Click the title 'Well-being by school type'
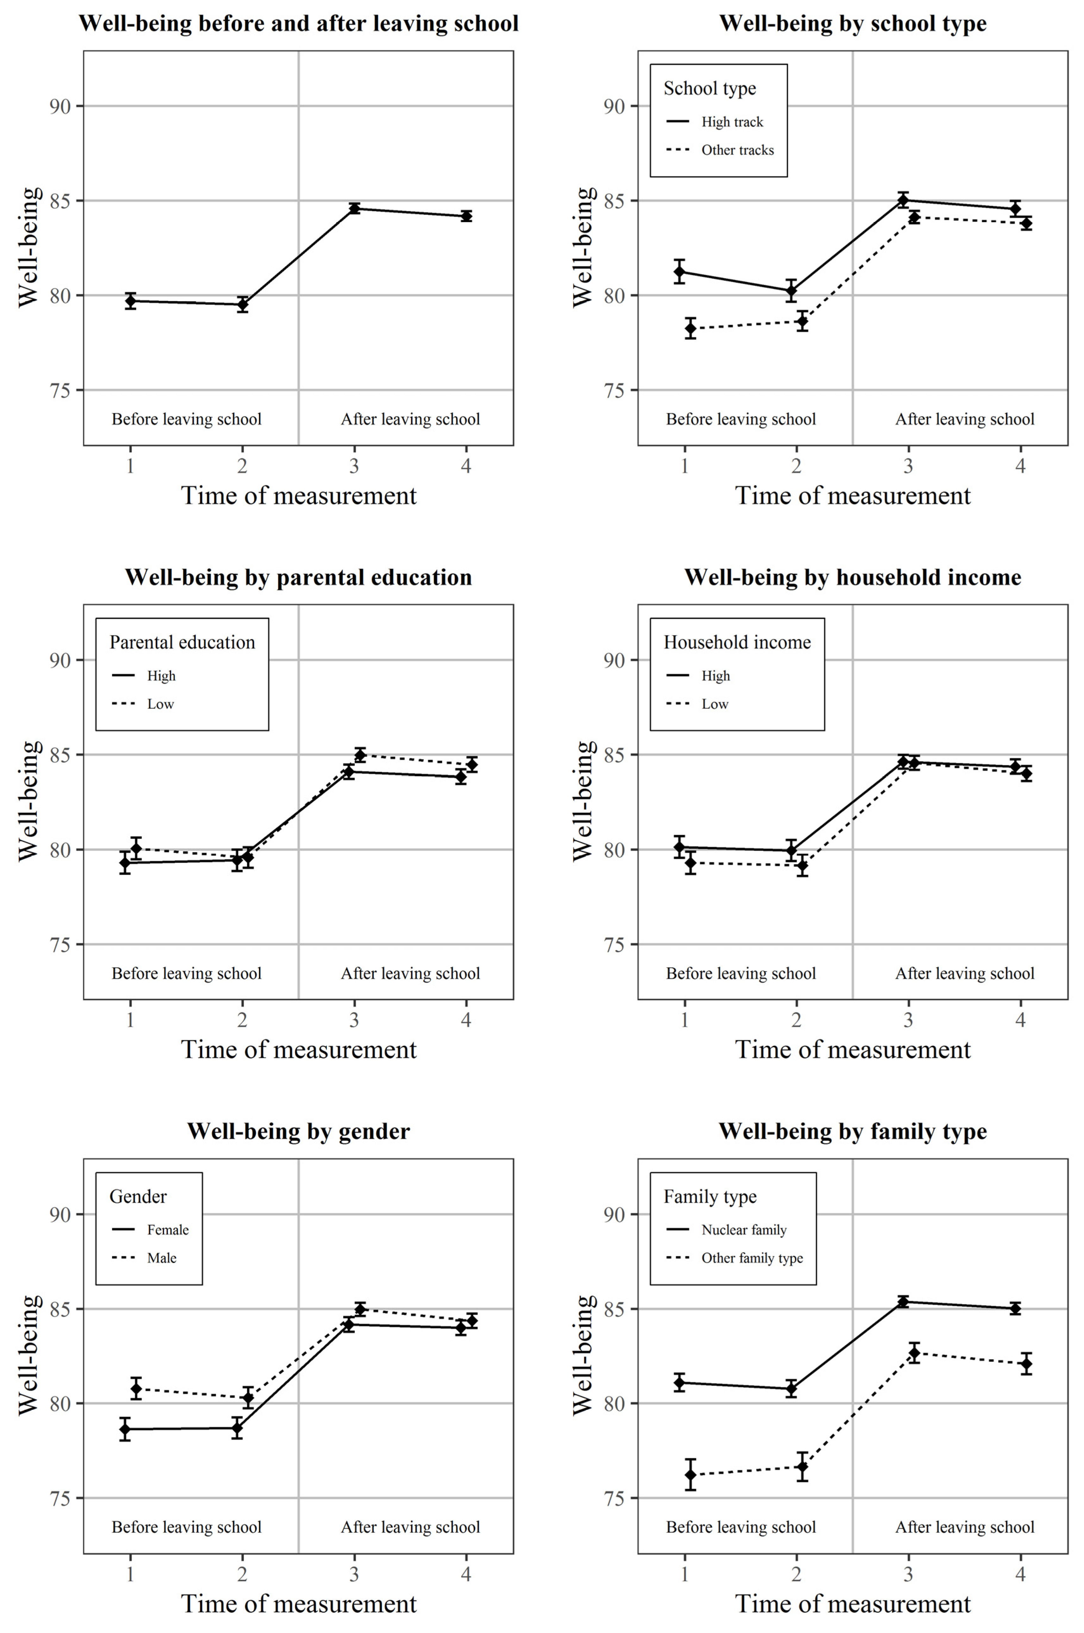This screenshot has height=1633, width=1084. click(x=853, y=23)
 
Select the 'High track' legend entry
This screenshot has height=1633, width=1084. click(x=732, y=122)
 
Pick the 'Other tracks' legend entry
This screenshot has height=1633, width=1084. click(x=737, y=150)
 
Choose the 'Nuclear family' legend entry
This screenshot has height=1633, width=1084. click(x=743, y=1229)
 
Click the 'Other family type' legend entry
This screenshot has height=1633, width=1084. click(x=751, y=1258)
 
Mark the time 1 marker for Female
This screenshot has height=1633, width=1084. click(x=125, y=1429)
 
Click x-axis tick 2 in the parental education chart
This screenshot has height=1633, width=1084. click(x=242, y=1020)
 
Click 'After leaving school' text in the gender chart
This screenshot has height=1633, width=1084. click(x=410, y=1527)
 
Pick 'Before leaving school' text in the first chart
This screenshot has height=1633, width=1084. click(x=187, y=419)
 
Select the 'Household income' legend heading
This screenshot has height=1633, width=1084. click(x=737, y=642)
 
